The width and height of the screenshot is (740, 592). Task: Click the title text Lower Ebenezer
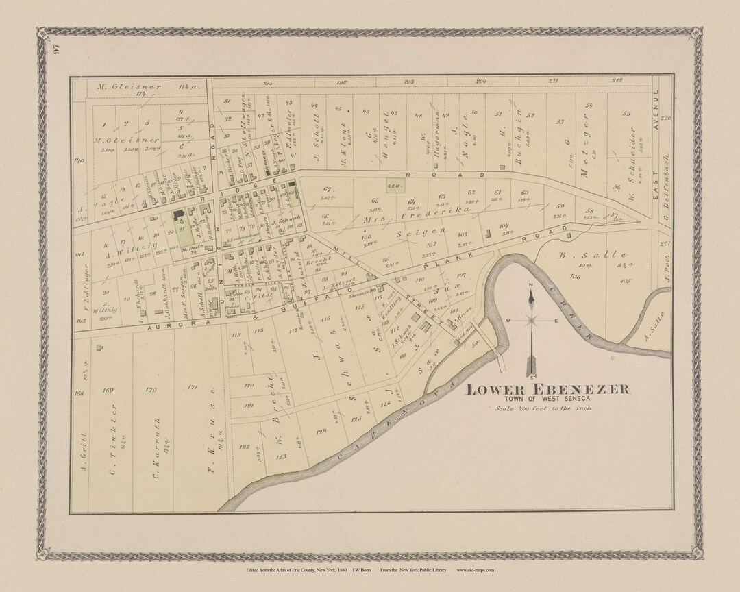[x=548, y=389]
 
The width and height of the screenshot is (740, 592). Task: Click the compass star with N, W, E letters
[x=532, y=319]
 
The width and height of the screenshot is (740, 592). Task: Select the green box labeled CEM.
[x=394, y=185]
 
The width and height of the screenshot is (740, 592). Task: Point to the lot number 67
[x=327, y=189]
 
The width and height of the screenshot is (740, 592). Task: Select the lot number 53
[x=560, y=122]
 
